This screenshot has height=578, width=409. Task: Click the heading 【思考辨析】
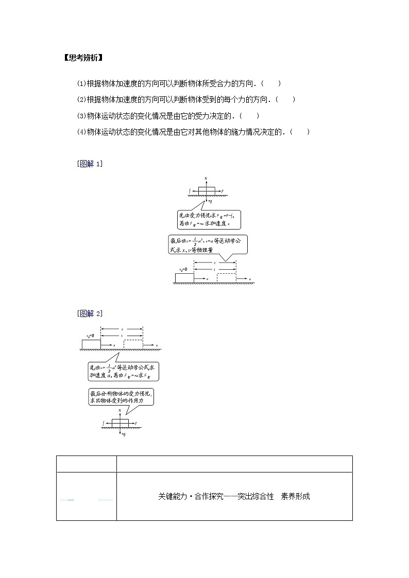[83, 58]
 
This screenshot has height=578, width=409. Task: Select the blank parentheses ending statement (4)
[300, 132]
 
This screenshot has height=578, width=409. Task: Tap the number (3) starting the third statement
[81, 116]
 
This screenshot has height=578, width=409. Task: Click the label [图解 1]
[90, 164]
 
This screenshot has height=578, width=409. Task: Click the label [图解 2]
[90, 313]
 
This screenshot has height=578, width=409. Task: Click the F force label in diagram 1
[222, 191]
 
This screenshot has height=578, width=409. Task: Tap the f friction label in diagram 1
[190, 190]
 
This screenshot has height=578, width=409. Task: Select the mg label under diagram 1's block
[210, 202]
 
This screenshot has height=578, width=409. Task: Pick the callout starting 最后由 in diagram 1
[209, 244]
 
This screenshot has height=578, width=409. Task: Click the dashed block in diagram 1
[226, 278]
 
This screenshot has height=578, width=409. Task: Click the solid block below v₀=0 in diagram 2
[91, 344]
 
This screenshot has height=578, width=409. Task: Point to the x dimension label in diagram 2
[122, 329]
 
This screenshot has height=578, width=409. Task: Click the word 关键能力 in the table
[173, 497]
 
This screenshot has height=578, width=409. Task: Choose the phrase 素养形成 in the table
[295, 497]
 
